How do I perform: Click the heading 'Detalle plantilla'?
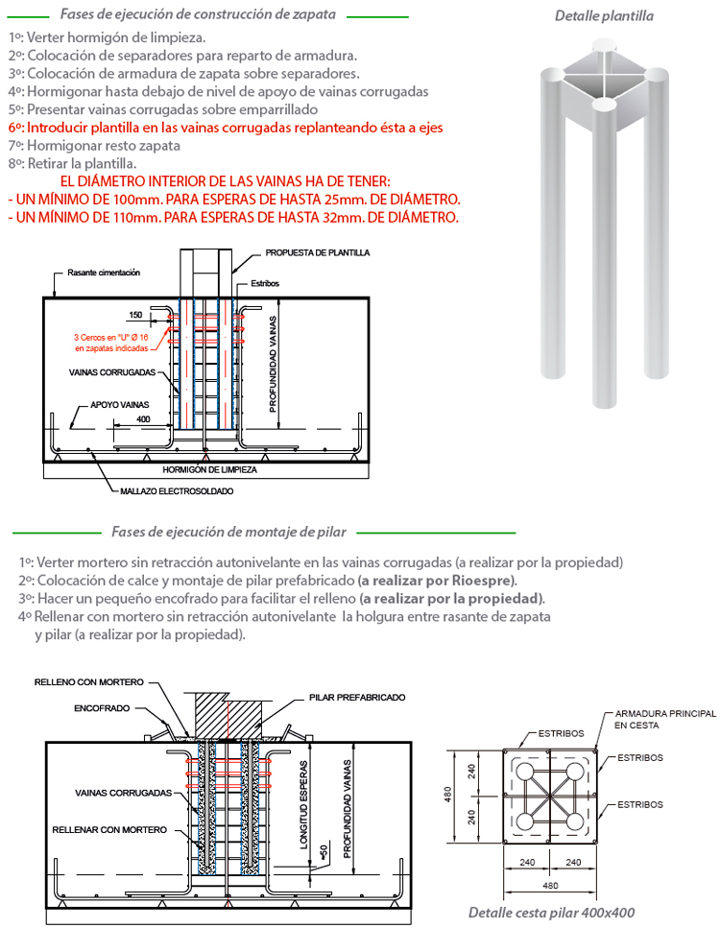(x=604, y=16)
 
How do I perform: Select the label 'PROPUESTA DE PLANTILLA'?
(x=317, y=253)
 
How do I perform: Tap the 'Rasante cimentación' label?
(x=104, y=274)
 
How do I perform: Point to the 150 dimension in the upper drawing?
(x=134, y=315)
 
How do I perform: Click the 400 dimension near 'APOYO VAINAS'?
(x=143, y=419)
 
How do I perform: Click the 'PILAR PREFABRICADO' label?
(x=357, y=698)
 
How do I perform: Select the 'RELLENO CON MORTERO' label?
(x=88, y=682)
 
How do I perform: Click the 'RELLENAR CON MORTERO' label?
(x=109, y=829)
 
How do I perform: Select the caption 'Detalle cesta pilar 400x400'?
(x=551, y=913)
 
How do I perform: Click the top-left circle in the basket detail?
(x=524, y=771)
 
